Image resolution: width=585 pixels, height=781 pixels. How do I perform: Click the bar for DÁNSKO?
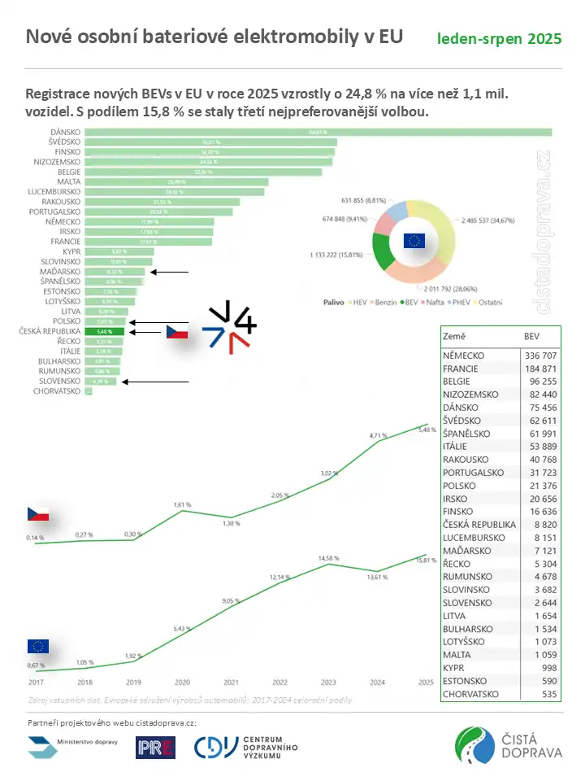tap(317, 133)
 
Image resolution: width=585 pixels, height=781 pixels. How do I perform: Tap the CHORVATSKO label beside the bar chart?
tap(57, 391)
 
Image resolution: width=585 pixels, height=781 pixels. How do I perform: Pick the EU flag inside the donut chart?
tap(414, 240)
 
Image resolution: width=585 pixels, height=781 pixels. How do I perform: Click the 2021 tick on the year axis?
tap(232, 682)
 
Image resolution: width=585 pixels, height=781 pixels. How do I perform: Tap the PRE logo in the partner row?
tap(155, 748)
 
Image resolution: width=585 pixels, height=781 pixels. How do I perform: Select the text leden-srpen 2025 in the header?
tap(499, 39)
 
